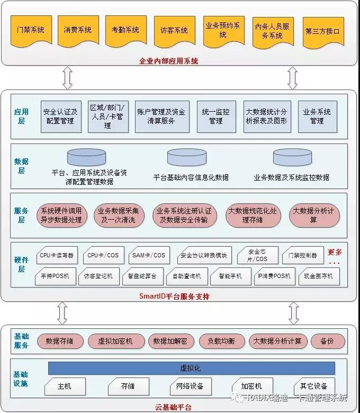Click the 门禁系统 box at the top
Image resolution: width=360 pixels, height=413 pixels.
(31, 31)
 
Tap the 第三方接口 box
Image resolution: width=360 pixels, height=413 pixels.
(322, 31)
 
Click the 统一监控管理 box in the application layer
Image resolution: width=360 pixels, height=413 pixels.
(215, 116)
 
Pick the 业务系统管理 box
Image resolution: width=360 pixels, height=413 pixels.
(317, 116)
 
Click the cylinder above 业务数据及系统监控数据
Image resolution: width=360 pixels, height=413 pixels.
(292, 157)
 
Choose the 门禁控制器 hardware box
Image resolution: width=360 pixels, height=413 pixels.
(303, 256)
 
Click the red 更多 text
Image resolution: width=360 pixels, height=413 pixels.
(335, 253)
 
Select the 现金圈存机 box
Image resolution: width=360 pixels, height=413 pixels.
(318, 276)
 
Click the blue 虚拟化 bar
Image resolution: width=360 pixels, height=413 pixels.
(191, 368)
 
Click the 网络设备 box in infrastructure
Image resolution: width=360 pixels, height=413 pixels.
(190, 386)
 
